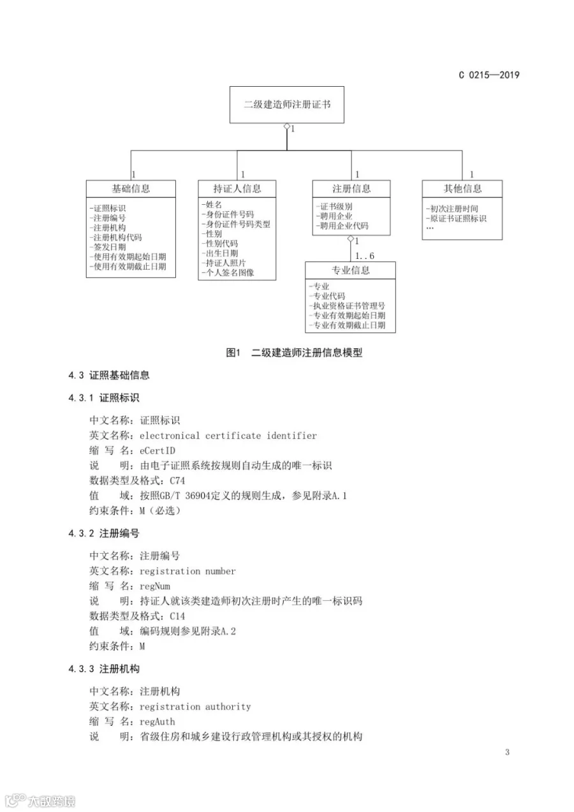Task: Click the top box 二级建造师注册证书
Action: (x=286, y=105)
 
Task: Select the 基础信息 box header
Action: (x=131, y=188)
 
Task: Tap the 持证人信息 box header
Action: (x=237, y=188)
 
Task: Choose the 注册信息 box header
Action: (x=351, y=188)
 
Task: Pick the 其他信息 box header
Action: (x=462, y=188)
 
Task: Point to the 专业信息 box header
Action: (x=350, y=270)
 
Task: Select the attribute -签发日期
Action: (x=109, y=247)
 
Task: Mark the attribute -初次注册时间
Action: (x=452, y=209)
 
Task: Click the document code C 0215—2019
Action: (x=489, y=75)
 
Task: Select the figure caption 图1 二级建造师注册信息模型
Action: (x=294, y=352)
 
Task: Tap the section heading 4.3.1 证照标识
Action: (x=104, y=397)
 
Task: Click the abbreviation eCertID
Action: (x=158, y=450)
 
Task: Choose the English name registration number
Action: (x=188, y=571)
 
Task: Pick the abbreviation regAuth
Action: (x=157, y=721)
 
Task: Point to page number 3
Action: (x=507, y=752)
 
